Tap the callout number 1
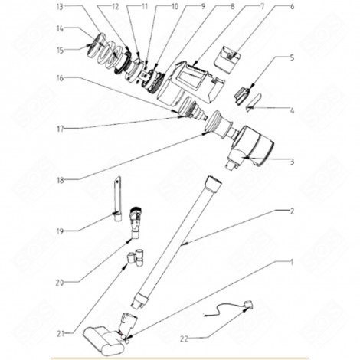pos(293,262)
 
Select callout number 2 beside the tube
pos(291,210)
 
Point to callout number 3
pos(291,162)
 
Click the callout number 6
pos(291,6)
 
